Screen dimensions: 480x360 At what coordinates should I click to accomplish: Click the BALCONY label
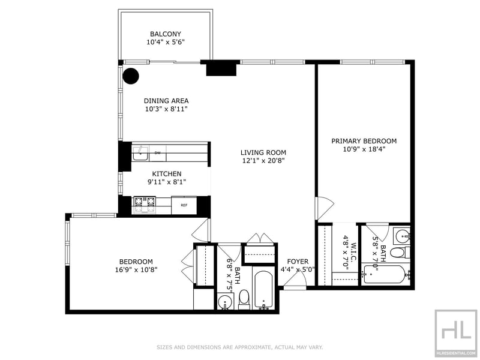(x=166, y=34)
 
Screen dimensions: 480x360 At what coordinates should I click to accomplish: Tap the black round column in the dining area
(x=131, y=76)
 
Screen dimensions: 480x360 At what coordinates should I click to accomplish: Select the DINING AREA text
(x=166, y=101)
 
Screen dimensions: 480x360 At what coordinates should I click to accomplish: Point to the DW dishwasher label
(x=158, y=152)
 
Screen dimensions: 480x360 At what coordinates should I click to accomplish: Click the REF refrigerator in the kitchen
(x=184, y=205)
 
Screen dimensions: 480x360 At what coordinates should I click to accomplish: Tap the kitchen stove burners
(x=145, y=205)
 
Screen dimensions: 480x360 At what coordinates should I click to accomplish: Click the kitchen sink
(x=140, y=154)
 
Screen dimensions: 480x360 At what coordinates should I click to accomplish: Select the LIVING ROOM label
(x=263, y=152)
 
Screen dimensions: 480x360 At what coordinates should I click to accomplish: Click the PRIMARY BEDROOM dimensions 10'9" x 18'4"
(x=364, y=149)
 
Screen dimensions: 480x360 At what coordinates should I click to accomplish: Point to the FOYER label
(x=298, y=262)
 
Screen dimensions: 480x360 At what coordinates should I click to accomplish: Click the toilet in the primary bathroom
(x=401, y=253)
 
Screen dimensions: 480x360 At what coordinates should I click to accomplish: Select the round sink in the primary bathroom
(x=402, y=236)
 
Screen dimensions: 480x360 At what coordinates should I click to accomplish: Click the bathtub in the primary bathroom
(x=386, y=275)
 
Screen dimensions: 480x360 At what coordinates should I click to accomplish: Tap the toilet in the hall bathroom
(x=244, y=299)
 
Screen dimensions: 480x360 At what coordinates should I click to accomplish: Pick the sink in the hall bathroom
(x=226, y=302)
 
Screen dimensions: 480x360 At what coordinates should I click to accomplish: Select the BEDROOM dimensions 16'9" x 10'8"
(x=136, y=269)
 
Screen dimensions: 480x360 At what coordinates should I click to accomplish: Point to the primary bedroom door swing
(x=325, y=209)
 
